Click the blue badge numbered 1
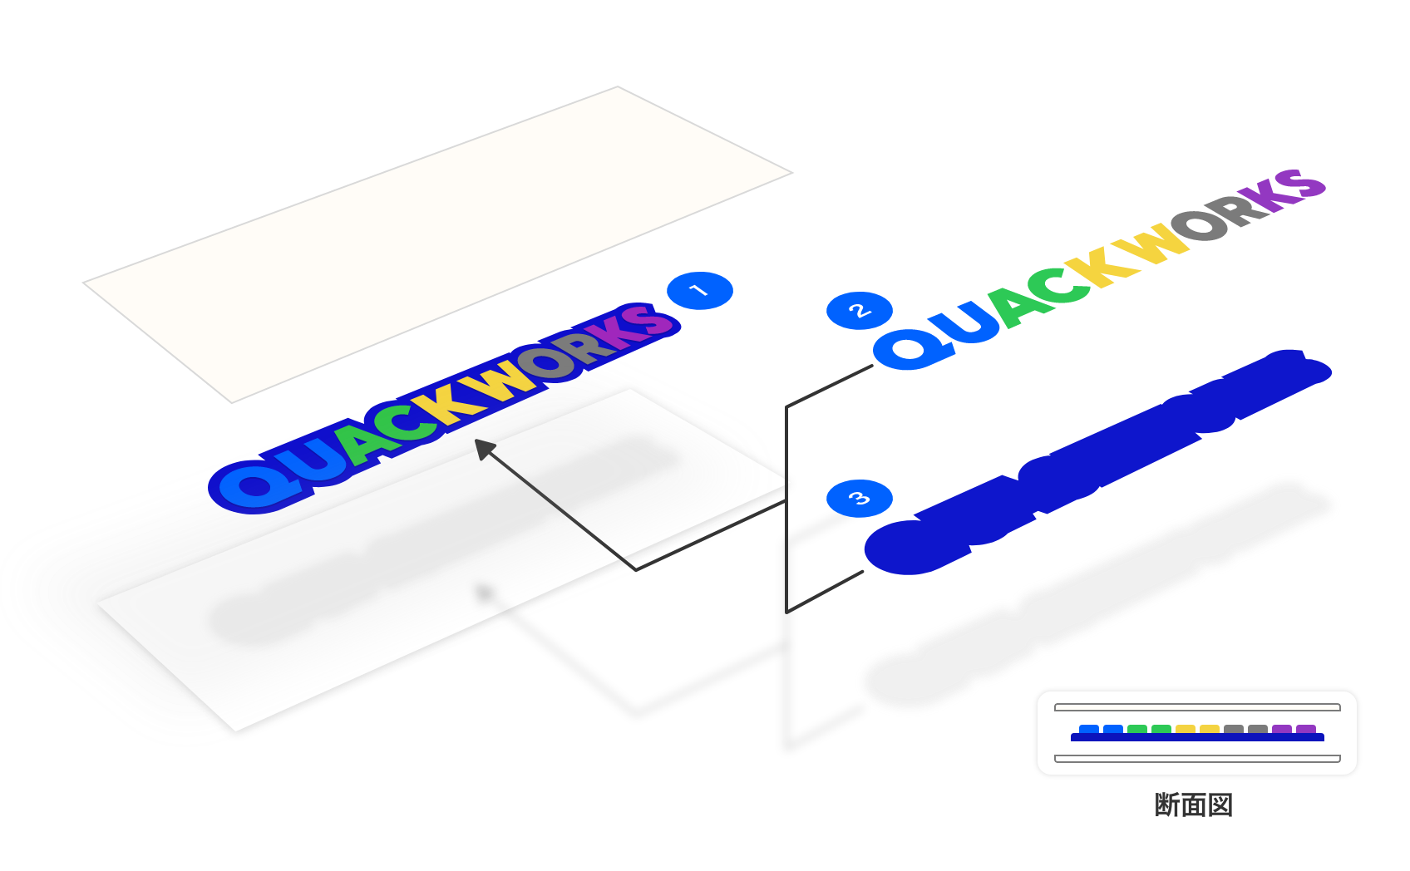pos(699,291)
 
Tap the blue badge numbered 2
pos(859,311)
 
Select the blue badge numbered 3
pos(859,499)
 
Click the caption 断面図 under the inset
pos(1194,805)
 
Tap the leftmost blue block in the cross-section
pos(1089,730)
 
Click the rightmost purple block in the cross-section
pos(1306,730)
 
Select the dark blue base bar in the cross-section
pos(1197,738)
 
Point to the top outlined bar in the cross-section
pos(1197,707)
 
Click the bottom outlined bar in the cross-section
pos(1197,758)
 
